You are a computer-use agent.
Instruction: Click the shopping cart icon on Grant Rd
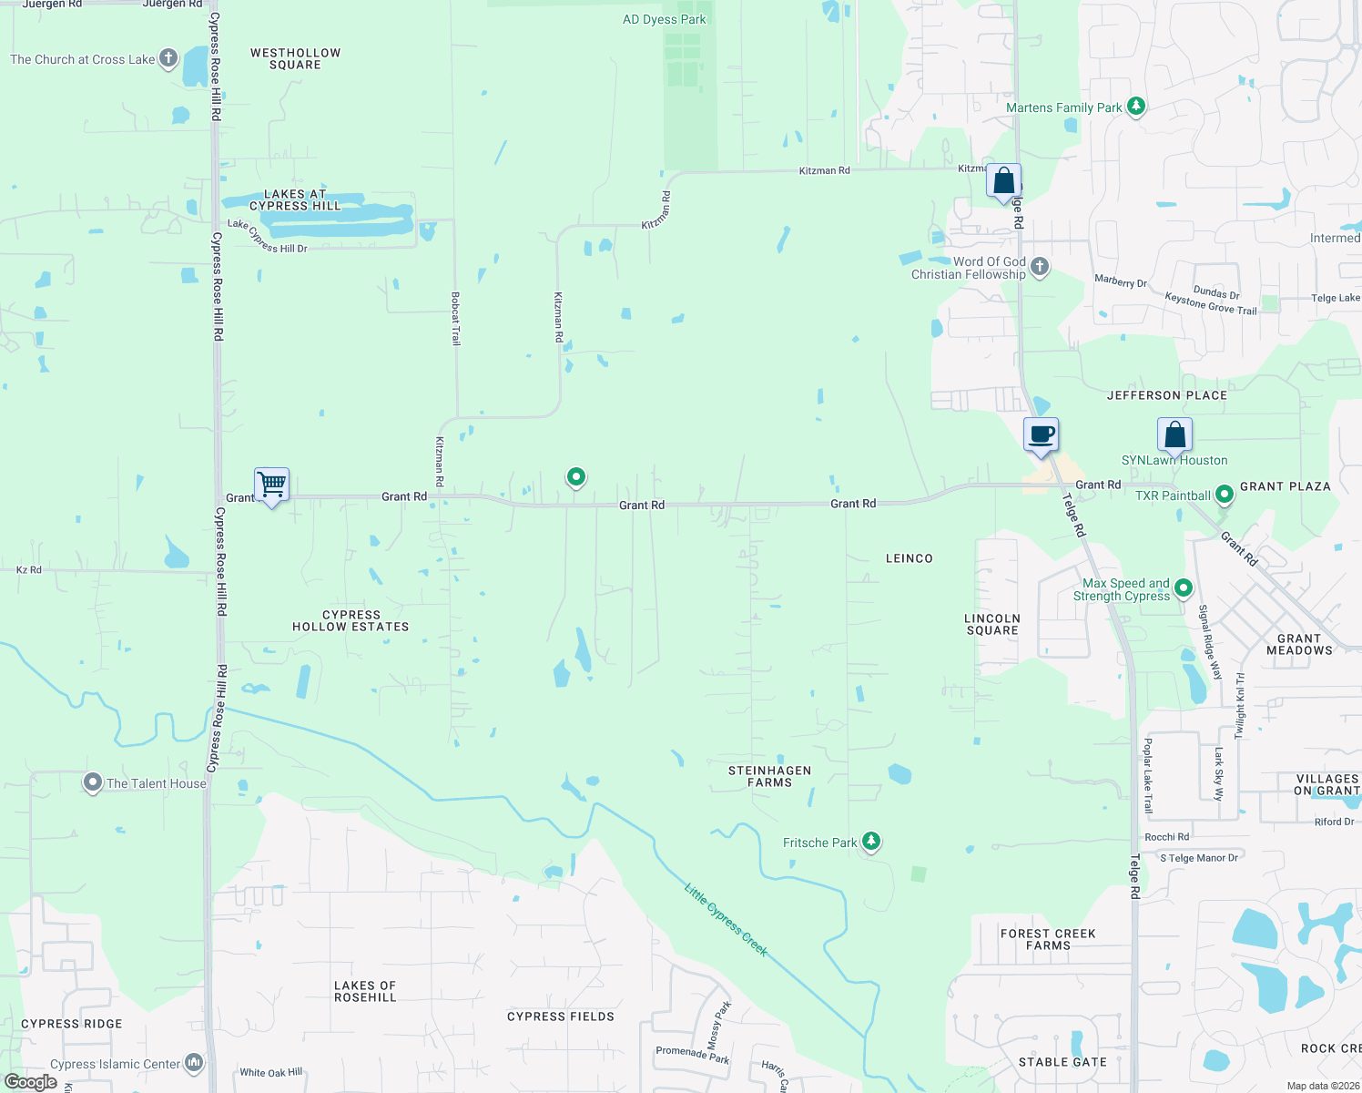pyautogui.click(x=271, y=484)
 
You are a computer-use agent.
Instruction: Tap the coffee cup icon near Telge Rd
pyautogui.click(x=1041, y=434)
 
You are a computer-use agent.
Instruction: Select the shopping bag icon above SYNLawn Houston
pyautogui.click(x=1174, y=434)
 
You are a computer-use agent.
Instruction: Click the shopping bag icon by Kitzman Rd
pyautogui.click(x=1003, y=180)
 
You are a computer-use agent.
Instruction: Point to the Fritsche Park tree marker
pyautogui.click(x=871, y=842)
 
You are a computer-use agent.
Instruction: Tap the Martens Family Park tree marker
pyautogui.click(x=1135, y=107)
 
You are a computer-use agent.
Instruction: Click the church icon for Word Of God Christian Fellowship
pyautogui.click(x=1040, y=267)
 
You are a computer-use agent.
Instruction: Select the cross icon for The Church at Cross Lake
pyautogui.click(x=168, y=58)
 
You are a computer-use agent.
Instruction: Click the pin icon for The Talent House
pyautogui.click(x=92, y=782)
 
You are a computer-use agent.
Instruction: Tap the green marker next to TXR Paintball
pyautogui.click(x=1225, y=495)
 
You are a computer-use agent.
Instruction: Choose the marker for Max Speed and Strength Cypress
pyautogui.click(x=1184, y=587)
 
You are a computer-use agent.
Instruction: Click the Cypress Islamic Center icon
pyautogui.click(x=194, y=1063)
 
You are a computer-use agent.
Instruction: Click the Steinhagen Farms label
pyautogui.click(x=769, y=776)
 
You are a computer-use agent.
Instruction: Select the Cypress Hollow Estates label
pyautogui.click(x=351, y=621)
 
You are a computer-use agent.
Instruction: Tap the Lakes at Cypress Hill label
pyautogui.click(x=295, y=199)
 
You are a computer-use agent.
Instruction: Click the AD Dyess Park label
pyautogui.click(x=664, y=19)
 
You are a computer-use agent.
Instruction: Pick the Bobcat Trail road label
pyautogui.click(x=456, y=319)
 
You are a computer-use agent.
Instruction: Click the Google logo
pyautogui.click(x=31, y=1082)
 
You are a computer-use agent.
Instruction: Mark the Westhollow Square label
pyautogui.click(x=295, y=58)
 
